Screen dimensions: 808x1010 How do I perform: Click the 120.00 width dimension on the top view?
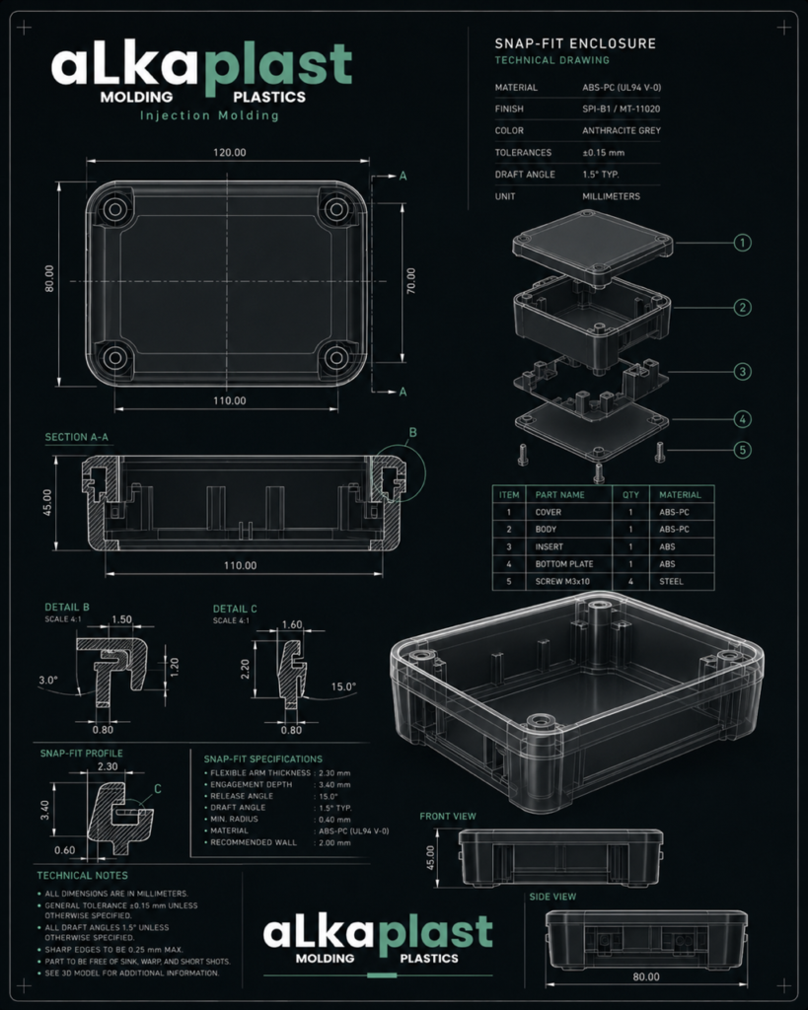point(230,153)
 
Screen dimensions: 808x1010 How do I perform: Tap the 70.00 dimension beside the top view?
point(410,281)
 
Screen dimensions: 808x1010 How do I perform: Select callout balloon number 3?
point(742,372)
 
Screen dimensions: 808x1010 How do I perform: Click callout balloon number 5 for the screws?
point(742,450)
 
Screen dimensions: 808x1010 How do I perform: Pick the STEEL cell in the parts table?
point(671,581)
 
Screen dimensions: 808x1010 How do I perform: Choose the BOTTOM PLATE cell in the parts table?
point(563,563)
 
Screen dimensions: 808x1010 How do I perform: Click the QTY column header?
point(630,495)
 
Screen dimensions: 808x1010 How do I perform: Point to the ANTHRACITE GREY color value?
point(622,130)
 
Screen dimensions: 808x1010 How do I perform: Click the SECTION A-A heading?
point(77,437)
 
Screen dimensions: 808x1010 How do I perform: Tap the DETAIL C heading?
point(235,609)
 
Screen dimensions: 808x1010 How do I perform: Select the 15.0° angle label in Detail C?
point(343,686)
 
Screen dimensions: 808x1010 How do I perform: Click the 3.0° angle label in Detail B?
point(48,680)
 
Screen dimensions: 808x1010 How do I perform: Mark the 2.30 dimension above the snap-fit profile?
point(108,766)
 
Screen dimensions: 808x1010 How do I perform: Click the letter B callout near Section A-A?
point(413,432)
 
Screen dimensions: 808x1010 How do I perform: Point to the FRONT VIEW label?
point(448,816)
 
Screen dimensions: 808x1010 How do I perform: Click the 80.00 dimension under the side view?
point(645,976)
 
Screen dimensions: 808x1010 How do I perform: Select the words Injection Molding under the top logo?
point(209,116)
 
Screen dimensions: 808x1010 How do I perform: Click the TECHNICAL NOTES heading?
point(83,876)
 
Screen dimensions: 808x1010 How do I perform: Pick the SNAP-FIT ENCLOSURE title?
point(575,43)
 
